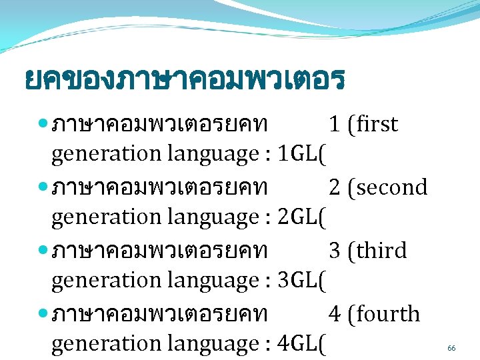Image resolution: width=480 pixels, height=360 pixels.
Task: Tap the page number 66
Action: click(x=451, y=348)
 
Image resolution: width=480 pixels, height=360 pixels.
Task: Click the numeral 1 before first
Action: click(x=335, y=124)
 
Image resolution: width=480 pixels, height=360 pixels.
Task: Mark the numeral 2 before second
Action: click(x=335, y=187)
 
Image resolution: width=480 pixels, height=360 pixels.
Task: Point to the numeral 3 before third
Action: click(x=335, y=251)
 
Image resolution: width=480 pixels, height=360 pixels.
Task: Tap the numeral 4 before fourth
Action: click(x=335, y=314)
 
